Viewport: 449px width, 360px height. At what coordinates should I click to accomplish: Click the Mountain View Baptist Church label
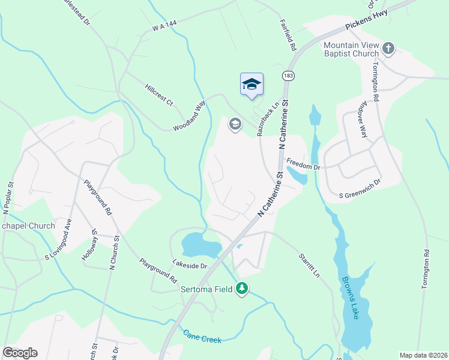(351, 50)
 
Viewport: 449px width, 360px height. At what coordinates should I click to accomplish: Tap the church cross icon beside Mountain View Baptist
(388, 47)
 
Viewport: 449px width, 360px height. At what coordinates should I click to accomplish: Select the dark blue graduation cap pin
(252, 85)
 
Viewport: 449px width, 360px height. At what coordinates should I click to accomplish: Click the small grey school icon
(235, 125)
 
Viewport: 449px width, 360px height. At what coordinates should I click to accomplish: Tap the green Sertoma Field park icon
(242, 289)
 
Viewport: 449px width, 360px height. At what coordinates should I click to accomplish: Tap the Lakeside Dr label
(189, 265)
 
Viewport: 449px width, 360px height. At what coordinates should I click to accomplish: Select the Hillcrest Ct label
(158, 95)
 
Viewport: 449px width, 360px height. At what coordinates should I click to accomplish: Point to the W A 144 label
(166, 25)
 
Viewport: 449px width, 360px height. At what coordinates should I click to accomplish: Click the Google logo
(20, 353)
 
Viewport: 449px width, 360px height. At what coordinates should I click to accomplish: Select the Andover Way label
(362, 123)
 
